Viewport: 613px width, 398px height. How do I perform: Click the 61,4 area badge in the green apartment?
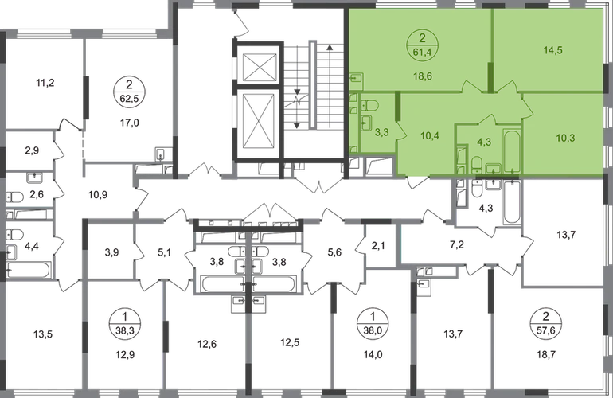pyautogui.click(x=423, y=45)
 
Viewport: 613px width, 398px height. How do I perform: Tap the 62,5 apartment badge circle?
pyautogui.click(x=130, y=91)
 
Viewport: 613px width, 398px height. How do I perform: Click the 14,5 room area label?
pyautogui.click(x=553, y=50)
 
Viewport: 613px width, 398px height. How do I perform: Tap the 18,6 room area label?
pyautogui.click(x=423, y=76)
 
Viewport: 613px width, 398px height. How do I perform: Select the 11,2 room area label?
pyautogui.click(x=45, y=83)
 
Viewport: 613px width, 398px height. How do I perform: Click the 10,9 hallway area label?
pyautogui.click(x=98, y=194)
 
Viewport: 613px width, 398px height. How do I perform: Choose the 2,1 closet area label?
pyautogui.click(x=378, y=246)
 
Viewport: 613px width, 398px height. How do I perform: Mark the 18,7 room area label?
pyautogui.click(x=546, y=355)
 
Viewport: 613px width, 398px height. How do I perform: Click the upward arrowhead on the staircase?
pyautogui.click(x=330, y=48)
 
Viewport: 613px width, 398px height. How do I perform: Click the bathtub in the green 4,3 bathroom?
pyautogui.click(x=512, y=150)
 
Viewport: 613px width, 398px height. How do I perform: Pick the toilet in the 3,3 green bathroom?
pyautogui.click(x=369, y=105)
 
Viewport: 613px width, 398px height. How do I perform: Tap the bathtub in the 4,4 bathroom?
pyautogui.click(x=29, y=270)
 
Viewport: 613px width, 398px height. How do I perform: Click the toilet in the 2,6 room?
pyautogui.click(x=15, y=197)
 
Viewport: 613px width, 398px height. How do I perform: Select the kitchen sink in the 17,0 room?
pyautogui.click(x=161, y=154)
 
